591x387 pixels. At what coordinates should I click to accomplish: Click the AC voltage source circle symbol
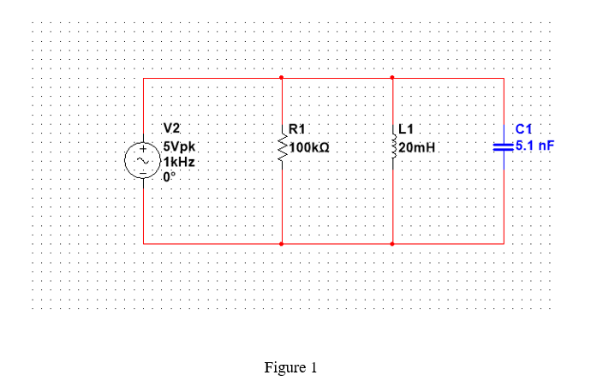[x=143, y=161]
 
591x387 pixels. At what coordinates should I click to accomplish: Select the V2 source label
[x=171, y=130]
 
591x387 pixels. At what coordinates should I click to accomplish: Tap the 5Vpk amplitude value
[x=180, y=146]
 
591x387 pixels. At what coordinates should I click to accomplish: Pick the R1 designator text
[x=297, y=130]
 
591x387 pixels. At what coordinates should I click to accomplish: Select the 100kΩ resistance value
[x=309, y=147]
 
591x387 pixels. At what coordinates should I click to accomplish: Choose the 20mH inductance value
[x=418, y=147]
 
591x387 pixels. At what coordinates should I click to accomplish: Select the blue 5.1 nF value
[x=534, y=146]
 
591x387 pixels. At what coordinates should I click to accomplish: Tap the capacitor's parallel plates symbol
[x=503, y=147]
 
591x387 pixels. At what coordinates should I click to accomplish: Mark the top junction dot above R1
[x=282, y=78]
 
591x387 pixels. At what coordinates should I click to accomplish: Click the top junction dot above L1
[x=392, y=78]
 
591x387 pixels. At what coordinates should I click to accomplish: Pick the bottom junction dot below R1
[x=282, y=244]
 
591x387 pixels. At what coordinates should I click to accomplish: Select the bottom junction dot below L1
[x=392, y=244]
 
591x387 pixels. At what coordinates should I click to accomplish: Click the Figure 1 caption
[x=290, y=368]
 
